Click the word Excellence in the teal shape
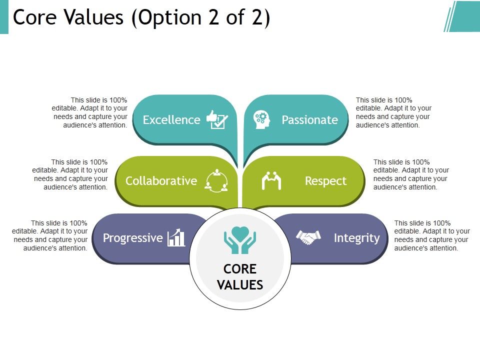pyautogui.click(x=171, y=120)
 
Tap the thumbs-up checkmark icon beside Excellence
pyautogui.click(x=217, y=120)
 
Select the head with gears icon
pyautogui.click(x=261, y=120)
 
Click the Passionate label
pyautogui.click(x=309, y=120)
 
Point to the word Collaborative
pyautogui.click(x=161, y=181)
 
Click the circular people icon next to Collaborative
pyautogui.click(x=216, y=180)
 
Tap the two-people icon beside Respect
pyautogui.click(x=271, y=180)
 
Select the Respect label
pyautogui.click(x=325, y=181)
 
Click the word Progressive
pyautogui.click(x=132, y=238)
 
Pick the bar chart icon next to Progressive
pyautogui.click(x=176, y=238)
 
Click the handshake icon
pyautogui.click(x=308, y=237)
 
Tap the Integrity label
pyautogui.click(x=356, y=238)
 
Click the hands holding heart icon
pyautogui.click(x=240, y=240)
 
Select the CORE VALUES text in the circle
pyautogui.click(x=240, y=277)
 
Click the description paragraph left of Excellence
pyautogui.click(x=90, y=112)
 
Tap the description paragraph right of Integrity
pyautogui.click(x=432, y=235)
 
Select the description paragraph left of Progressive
pyautogui.click(x=50, y=235)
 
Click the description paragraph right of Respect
pyautogui.click(x=411, y=174)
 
